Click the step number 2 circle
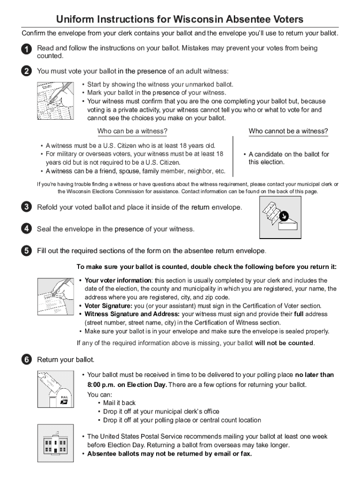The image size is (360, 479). coord(26,72)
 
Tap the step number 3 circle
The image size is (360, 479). coord(26,207)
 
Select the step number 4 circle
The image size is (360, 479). coord(26,229)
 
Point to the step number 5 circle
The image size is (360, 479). coord(26,251)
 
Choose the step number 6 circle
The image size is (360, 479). coord(26,360)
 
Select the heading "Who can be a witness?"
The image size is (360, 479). coord(132,131)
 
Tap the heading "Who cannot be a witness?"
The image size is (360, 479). coord(288,131)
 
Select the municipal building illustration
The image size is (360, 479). coord(55,442)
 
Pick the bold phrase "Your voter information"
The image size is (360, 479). coord(118,281)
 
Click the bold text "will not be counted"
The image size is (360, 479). coord(284,343)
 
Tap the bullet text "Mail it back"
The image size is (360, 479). coord(119,403)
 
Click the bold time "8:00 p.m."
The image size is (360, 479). coord(101,385)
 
